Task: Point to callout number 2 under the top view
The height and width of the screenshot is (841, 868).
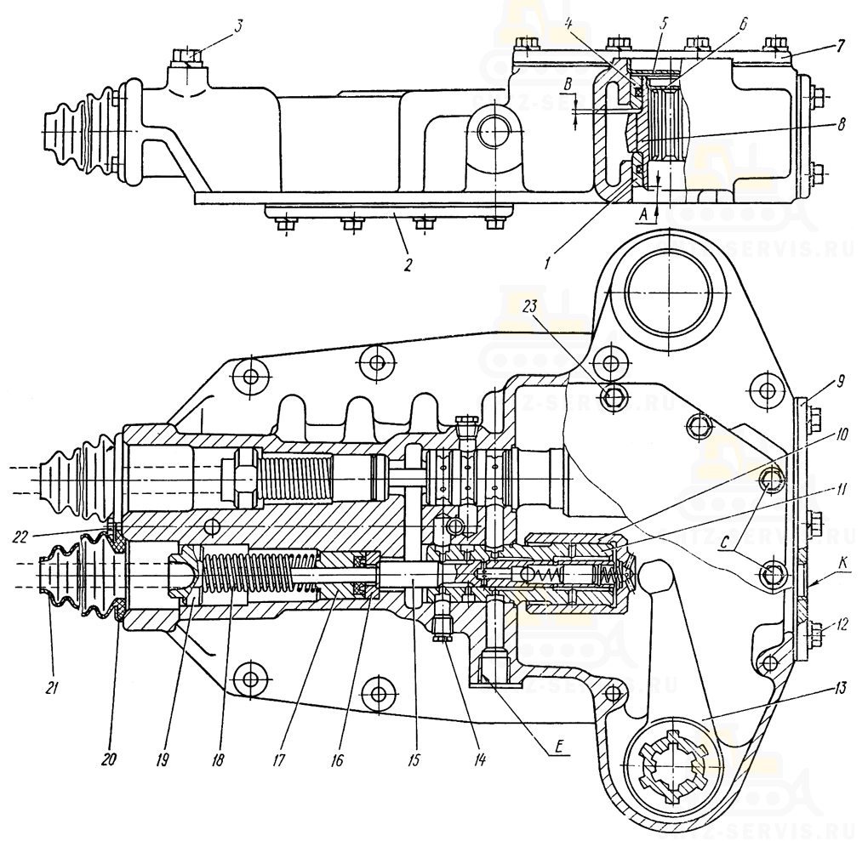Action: click(408, 264)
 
